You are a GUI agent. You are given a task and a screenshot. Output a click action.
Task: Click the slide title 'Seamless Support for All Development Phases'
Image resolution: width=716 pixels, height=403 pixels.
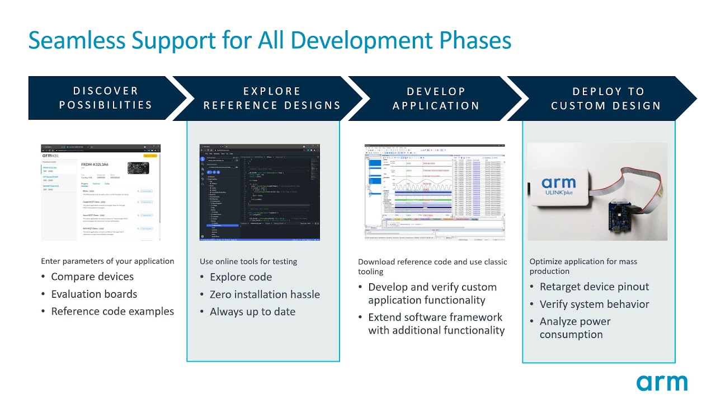point(270,41)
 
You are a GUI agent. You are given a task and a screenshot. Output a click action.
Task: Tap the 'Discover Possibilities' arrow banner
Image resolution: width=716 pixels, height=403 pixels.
point(106,98)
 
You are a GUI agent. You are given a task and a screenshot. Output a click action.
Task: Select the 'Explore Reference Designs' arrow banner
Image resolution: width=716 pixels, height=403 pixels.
point(272,99)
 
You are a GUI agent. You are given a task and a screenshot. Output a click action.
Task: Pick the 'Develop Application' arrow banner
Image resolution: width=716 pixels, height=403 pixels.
point(436,99)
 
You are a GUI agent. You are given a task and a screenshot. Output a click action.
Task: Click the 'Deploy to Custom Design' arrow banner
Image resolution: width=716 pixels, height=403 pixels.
point(606,99)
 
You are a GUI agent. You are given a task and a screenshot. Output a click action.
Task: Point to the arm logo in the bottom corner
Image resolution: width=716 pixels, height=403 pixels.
point(662,383)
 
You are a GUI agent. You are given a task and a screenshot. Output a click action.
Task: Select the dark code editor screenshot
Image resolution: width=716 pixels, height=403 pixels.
point(260,192)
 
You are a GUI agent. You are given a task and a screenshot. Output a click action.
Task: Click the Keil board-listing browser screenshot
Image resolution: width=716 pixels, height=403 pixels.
point(101,192)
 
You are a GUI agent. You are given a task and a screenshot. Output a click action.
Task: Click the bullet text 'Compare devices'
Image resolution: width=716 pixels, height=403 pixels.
point(92,277)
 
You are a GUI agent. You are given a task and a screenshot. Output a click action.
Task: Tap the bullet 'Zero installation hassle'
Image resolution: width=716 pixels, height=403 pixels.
point(265,294)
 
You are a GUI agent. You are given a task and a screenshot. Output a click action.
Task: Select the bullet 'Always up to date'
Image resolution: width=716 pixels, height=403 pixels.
point(252,312)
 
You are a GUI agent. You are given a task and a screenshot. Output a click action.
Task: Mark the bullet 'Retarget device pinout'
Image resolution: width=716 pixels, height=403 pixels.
point(594,287)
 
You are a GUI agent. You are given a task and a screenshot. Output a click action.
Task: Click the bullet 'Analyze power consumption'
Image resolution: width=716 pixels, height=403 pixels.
point(574,328)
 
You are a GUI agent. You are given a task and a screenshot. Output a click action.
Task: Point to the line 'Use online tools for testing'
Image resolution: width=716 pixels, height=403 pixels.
point(248,261)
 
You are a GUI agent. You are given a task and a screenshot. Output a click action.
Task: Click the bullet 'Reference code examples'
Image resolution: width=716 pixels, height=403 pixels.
point(112,311)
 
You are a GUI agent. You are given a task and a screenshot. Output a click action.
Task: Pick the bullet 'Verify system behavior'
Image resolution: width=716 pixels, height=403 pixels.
point(594,304)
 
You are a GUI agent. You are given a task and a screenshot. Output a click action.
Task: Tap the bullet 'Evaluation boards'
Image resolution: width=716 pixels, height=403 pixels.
point(94,294)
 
